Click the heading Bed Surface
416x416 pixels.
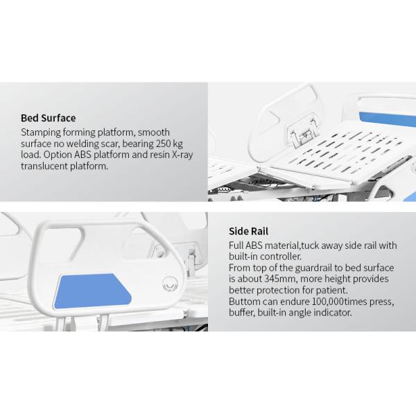(49, 118)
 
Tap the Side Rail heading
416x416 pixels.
(249, 232)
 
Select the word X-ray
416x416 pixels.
(182, 155)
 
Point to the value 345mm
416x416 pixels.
(281, 279)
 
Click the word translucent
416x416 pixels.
(44, 166)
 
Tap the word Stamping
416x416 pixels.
(41, 132)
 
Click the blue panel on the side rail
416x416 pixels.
(93, 291)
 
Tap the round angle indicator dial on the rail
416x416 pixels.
(170, 284)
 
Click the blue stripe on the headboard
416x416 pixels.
(388, 119)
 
